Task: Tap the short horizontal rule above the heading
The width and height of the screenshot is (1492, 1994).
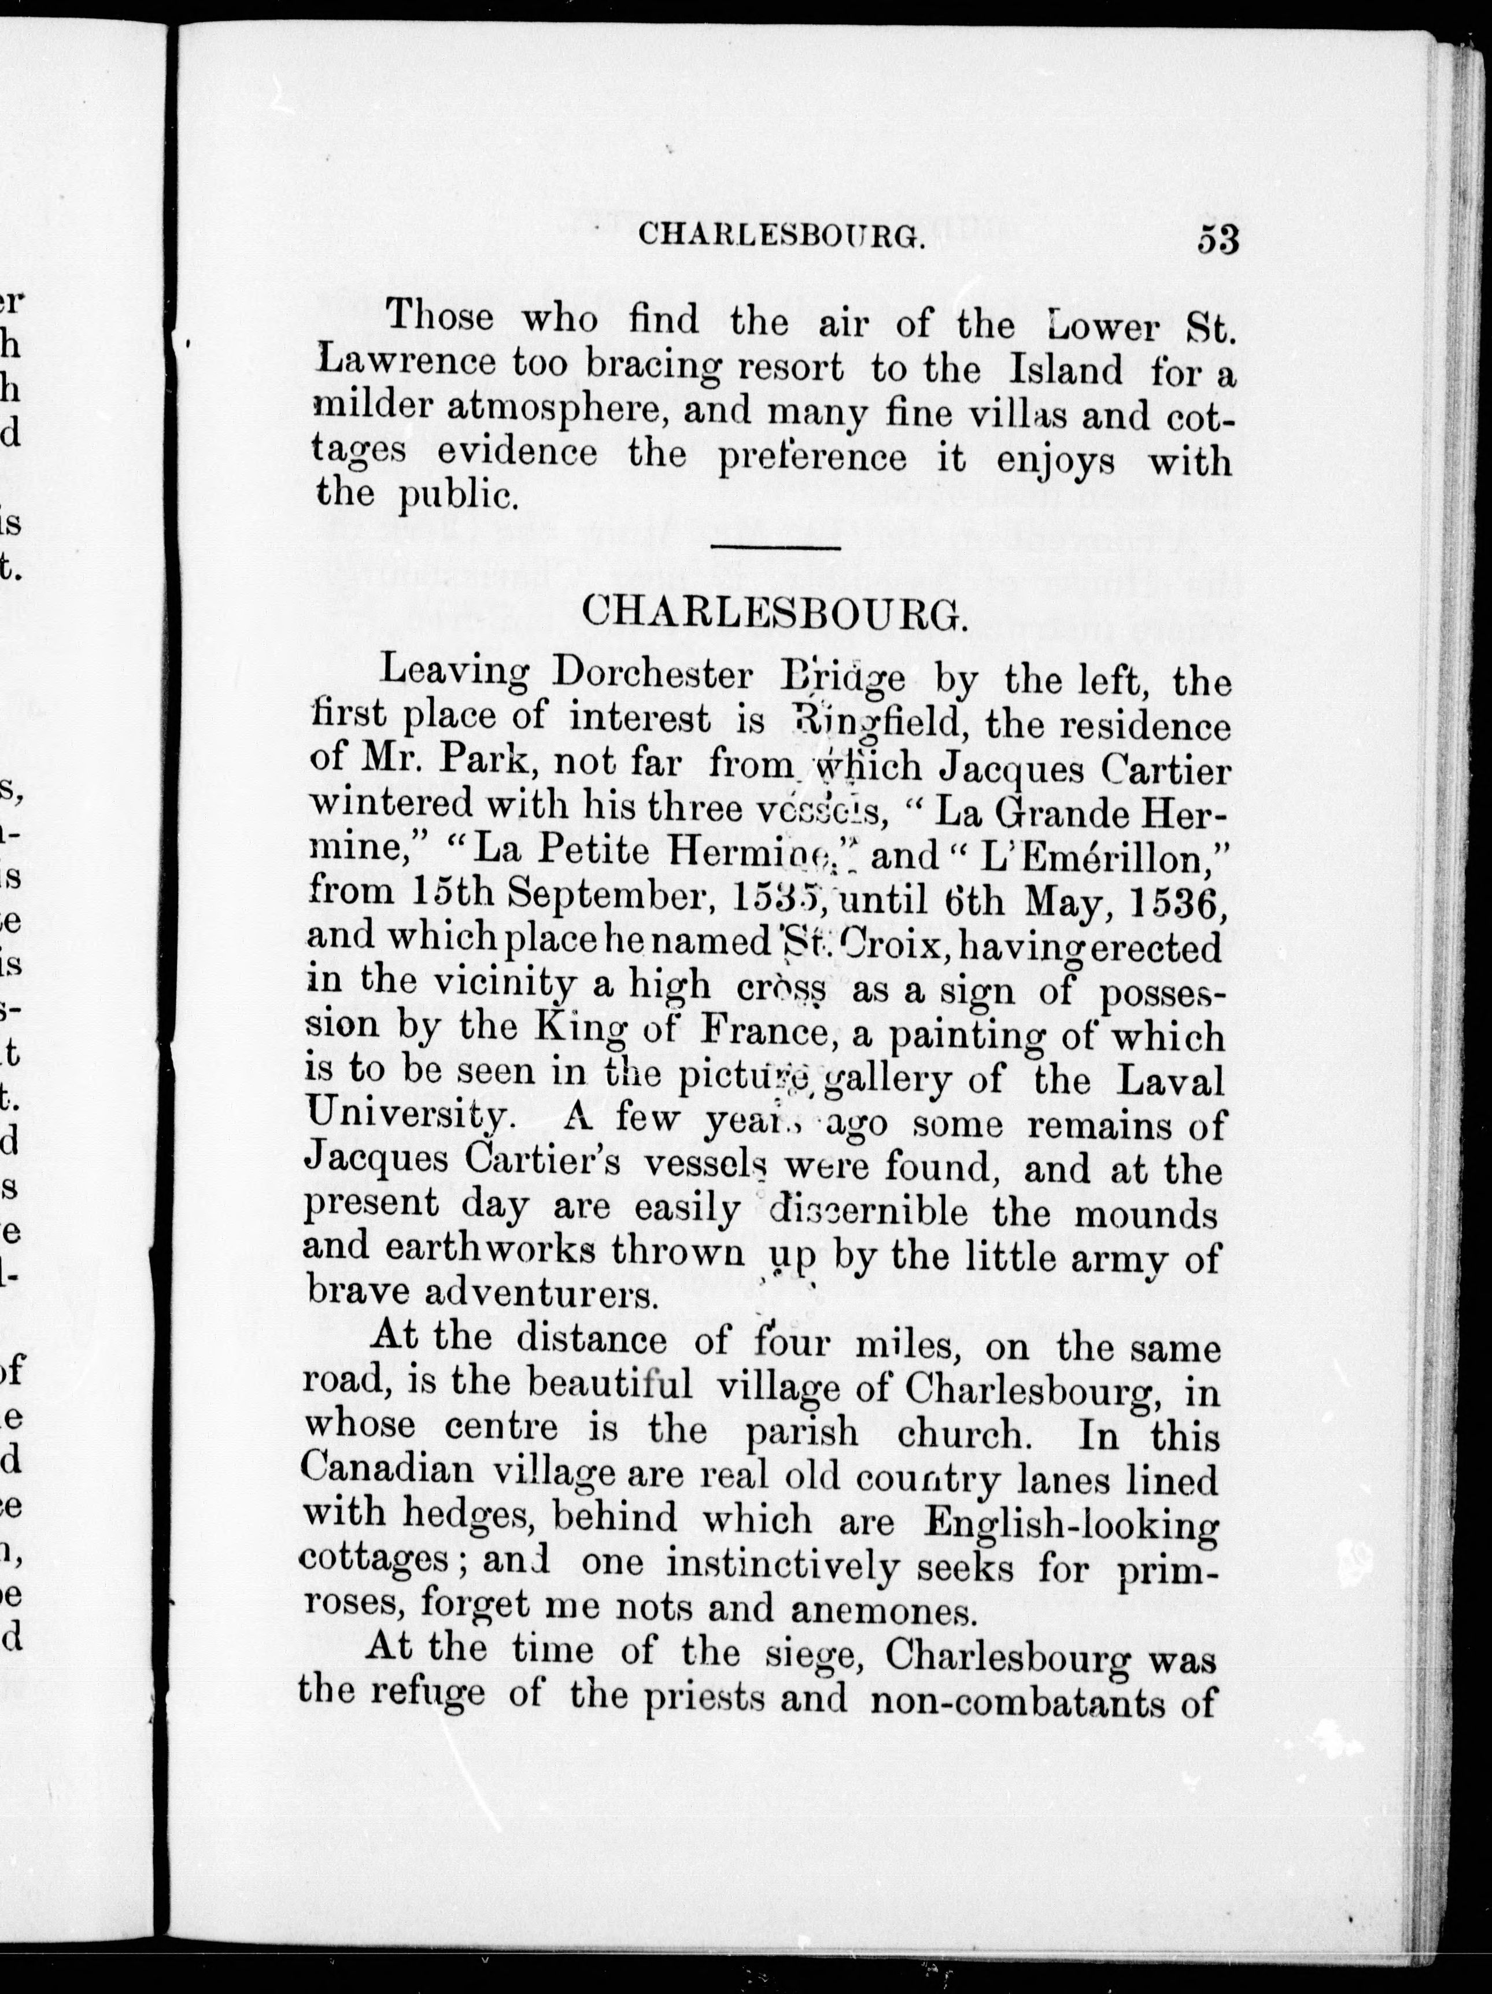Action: click(775, 546)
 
